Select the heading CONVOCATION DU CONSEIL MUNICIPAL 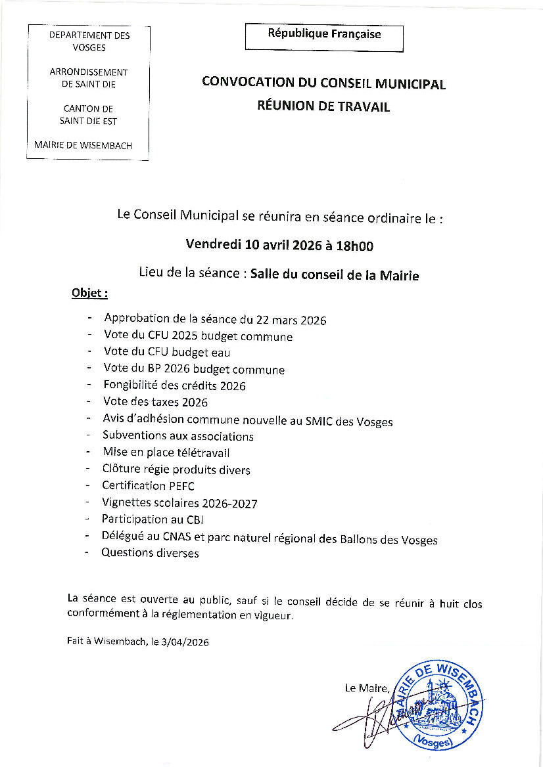(323, 83)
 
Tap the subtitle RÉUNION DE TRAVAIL (323, 106)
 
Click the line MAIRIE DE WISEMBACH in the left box (88, 146)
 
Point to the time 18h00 (354, 246)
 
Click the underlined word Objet (89, 293)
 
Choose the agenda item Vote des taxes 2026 (155, 402)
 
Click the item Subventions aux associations (177, 436)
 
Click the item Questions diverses (149, 553)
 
